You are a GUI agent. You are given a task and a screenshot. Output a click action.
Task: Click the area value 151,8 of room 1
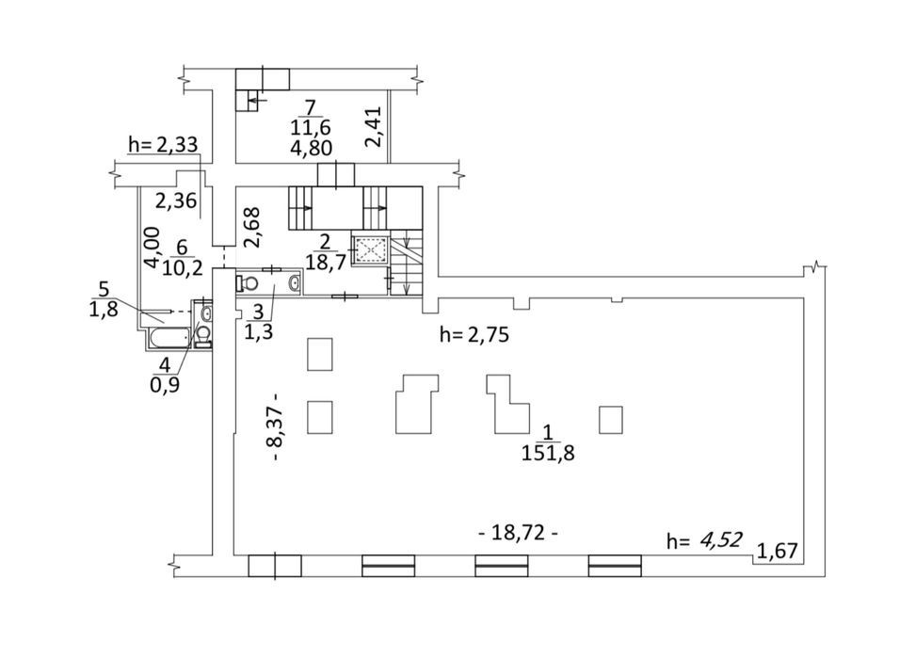tap(548, 453)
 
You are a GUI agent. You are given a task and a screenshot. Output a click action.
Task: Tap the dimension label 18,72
tap(518, 533)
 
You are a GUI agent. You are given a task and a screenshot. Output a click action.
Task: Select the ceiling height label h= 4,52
tap(705, 540)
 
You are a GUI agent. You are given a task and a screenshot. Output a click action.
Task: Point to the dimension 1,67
tap(777, 550)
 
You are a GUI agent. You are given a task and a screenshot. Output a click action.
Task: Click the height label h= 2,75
tap(474, 335)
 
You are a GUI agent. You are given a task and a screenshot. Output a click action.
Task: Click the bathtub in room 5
tap(169, 337)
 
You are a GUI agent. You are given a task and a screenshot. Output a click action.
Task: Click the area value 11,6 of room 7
tap(311, 127)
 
